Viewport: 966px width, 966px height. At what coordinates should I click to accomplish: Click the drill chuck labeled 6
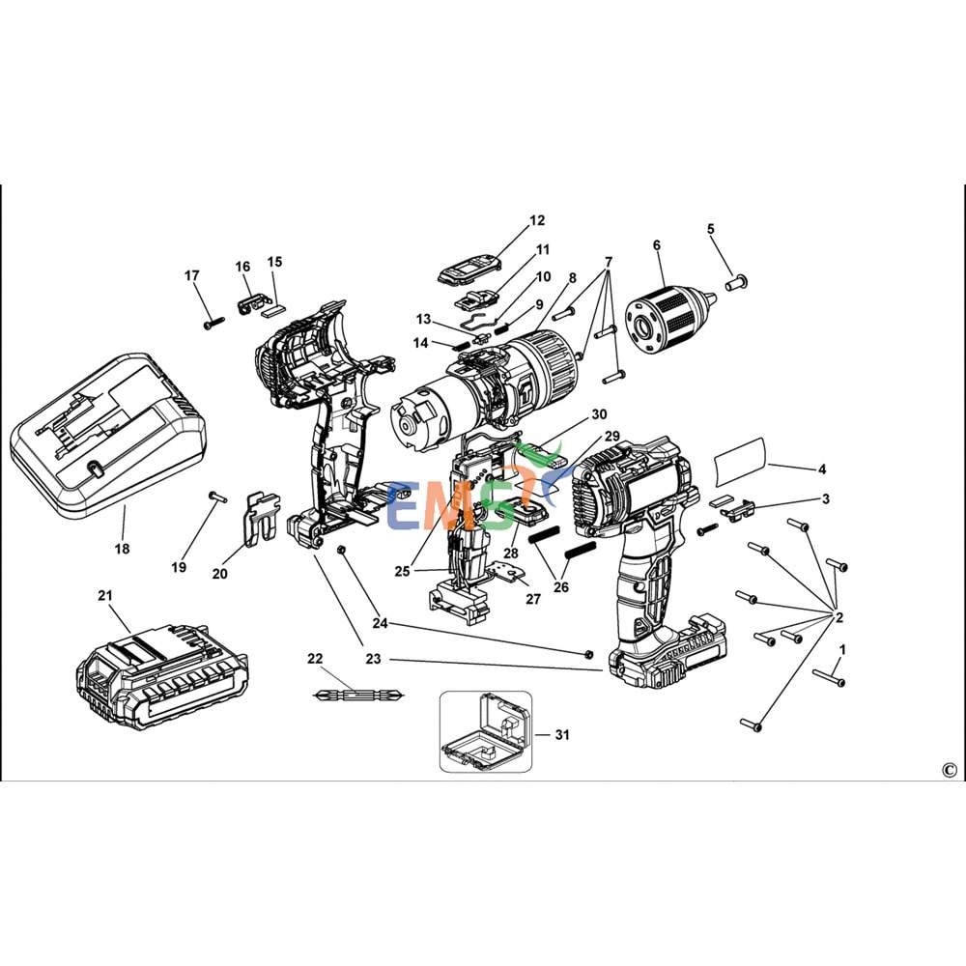coord(667,310)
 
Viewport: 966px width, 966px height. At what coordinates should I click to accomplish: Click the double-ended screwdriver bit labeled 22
coord(359,694)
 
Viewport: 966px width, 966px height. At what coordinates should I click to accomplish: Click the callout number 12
coord(537,221)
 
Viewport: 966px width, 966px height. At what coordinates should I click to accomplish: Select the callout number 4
coord(822,470)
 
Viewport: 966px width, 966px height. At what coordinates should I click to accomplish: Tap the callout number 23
coord(374,659)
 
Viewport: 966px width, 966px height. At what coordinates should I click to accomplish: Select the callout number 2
coord(839,617)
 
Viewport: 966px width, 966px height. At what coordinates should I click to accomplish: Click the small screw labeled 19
coord(215,497)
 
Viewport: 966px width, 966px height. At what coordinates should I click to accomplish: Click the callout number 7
coord(609,262)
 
